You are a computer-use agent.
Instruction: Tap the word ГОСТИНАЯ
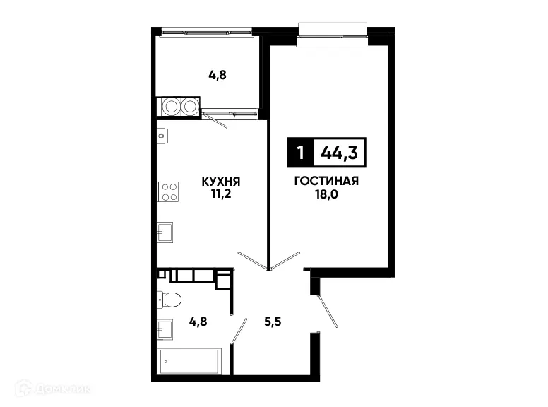pyautogui.click(x=326, y=181)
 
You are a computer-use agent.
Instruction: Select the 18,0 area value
pyautogui.click(x=326, y=194)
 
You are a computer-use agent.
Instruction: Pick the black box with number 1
pyautogui.click(x=301, y=151)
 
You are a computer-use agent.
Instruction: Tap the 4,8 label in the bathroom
pyautogui.click(x=198, y=319)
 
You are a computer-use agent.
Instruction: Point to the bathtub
pyautogui.click(x=191, y=362)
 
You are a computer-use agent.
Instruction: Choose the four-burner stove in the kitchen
pyautogui.click(x=168, y=191)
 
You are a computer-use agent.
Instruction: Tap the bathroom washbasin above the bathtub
pyautogui.click(x=165, y=329)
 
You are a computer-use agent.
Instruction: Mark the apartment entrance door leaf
pyautogui.click(x=327, y=311)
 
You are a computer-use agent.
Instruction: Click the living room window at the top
pyautogui.click(x=333, y=34)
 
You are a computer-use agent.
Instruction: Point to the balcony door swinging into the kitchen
pyautogui.click(x=215, y=120)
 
